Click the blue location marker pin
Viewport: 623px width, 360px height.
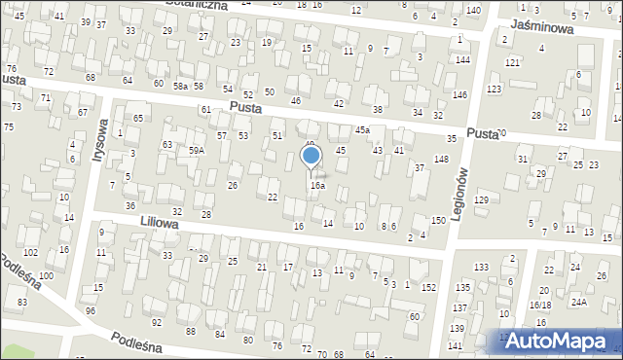[311, 157]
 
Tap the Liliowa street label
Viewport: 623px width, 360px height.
[160, 224]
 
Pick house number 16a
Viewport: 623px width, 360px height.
[317, 185]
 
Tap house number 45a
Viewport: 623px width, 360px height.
[362, 129]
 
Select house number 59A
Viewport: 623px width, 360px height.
[198, 151]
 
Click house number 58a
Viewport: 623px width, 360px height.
[181, 87]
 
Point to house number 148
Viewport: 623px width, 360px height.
[441, 159]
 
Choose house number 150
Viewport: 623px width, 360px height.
[439, 221]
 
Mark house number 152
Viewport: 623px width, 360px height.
[429, 287]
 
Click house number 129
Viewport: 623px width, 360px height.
[481, 199]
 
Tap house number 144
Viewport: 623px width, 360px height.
[463, 60]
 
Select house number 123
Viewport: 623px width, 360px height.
[495, 89]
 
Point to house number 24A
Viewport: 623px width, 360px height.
[578, 303]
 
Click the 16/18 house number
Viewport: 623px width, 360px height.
[540, 305]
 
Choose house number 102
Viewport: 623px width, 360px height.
[31, 253]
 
